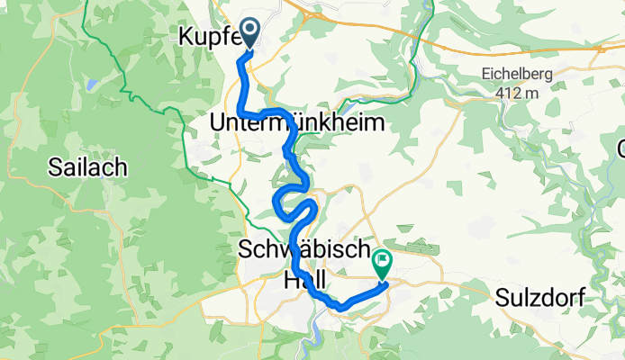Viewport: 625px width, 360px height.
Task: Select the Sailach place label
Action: point(87,167)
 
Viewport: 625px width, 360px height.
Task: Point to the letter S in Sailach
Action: point(55,168)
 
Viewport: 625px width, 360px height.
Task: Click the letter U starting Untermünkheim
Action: point(216,122)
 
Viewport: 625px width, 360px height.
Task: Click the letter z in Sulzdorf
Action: point(531,298)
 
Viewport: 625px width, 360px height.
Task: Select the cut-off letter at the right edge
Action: point(620,148)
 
